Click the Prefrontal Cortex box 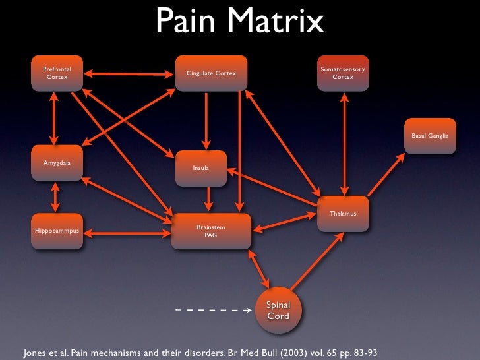coord(56,73)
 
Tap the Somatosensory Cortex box coord(343,73)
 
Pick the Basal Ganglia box coord(430,136)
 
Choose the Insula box coord(200,168)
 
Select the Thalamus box coord(343,214)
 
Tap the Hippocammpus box coord(57,231)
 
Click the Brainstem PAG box coord(211,231)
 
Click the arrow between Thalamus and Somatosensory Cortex coord(343,143)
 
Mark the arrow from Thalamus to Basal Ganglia coord(386,175)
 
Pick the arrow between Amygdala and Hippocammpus coord(55,196)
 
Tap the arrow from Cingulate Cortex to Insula coord(207,121)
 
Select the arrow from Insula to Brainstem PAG coord(208,198)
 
